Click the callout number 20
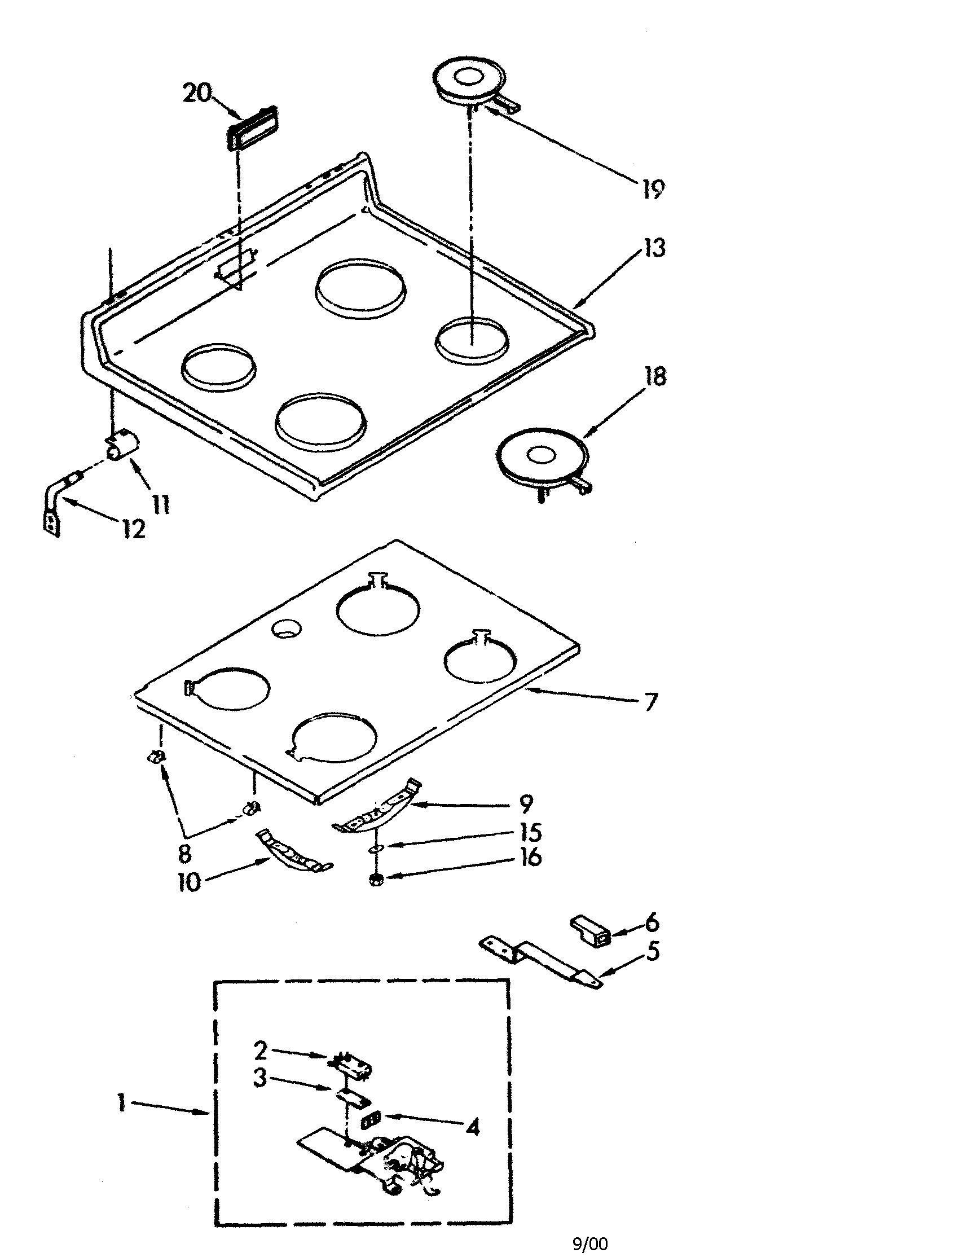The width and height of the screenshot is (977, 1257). pos(197,93)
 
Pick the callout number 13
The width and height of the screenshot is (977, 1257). pos(654,248)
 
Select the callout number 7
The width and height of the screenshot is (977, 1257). pos(650,702)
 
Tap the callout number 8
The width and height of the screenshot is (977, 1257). pos(184,854)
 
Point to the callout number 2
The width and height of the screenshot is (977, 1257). pos(261,1051)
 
